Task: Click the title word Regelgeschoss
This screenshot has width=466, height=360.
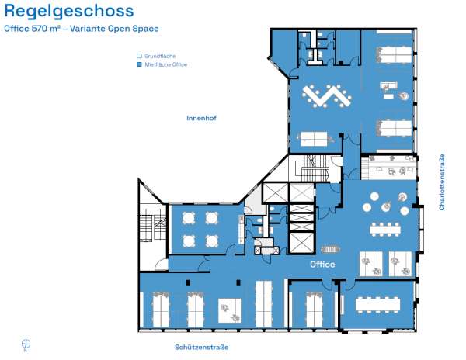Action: (69, 12)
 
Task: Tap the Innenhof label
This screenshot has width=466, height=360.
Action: (201, 118)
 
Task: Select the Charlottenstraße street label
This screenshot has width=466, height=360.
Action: (442, 182)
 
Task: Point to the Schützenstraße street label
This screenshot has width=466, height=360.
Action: (201, 347)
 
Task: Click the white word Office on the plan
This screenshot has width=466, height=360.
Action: (322, 264)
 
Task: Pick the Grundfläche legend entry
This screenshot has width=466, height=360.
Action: (156, 56)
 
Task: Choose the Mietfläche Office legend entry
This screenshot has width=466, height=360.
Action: (162, 64)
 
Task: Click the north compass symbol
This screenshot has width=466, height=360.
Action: (26, 344)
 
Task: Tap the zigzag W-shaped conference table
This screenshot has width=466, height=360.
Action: (327, 96)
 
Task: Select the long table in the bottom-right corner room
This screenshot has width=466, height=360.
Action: (377, 304)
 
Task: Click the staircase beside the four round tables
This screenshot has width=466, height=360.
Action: (153, 225)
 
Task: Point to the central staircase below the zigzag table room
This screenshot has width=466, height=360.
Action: (315, 168)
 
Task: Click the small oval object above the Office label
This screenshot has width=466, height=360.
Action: (330, 249)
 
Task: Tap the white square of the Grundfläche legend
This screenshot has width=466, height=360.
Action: (139, 56)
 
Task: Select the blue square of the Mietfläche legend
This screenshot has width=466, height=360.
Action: (139, 64)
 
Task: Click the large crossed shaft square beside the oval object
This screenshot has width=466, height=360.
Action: (301, 243)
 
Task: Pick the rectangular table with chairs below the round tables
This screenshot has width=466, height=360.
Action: (385, 230)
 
